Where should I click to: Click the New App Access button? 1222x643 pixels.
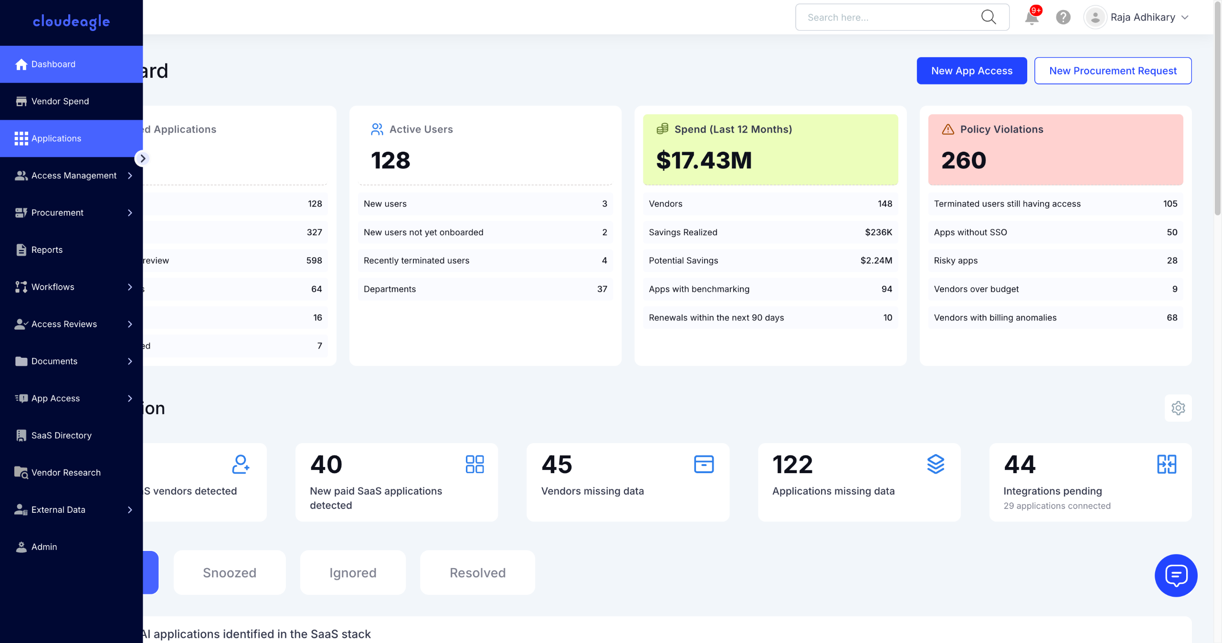click(971, 71)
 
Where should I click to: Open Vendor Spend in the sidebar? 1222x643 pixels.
click(60, 101)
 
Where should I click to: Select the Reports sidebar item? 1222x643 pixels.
click(47, 250)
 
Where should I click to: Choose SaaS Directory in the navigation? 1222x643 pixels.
click(61, 436)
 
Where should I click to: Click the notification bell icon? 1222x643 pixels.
click(1031, 18)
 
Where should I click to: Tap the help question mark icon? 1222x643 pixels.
click(1063, 18)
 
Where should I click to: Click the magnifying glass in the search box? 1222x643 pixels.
click(988, 17)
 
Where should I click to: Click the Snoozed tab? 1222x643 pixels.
click(230, 572)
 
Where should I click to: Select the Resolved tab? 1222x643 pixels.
click(477, 572)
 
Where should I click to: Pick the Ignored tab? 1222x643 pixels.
click(353, 572)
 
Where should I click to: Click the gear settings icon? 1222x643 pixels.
click(1178, 408)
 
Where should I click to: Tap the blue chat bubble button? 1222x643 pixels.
click(1176, 575)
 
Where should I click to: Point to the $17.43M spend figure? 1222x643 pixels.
click(704, 160)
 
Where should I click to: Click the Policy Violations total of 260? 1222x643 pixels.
click(963, 160)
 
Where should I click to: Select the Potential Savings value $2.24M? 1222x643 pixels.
click(876, 260)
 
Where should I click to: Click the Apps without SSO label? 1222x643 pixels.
click(970, 232)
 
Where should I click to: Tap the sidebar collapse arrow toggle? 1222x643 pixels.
click(142, 158)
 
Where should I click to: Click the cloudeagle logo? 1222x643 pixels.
click(71, 21)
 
